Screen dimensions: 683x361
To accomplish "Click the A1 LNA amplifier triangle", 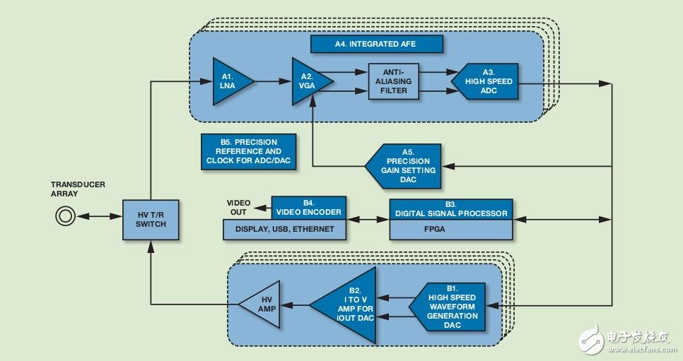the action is tap(232, 81).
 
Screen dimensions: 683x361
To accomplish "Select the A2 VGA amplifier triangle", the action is tap(311, 81).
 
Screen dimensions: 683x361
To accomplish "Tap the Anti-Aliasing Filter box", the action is tap(393, 81).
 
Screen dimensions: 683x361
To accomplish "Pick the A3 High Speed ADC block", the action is tap(485, 81).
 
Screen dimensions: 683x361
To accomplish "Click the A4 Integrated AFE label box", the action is tap(376, 44).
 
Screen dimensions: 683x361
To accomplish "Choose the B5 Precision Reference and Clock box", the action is tap(248, 152).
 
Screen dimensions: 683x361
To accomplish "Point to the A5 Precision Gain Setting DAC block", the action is tap(403, 166).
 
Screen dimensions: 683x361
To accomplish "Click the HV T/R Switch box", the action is tap(151, 220).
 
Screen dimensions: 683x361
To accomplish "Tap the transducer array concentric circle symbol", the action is tap(65, 216).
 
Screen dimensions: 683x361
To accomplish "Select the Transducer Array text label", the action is tap(78, 189).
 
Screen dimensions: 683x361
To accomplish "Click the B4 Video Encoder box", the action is tap(309, 208).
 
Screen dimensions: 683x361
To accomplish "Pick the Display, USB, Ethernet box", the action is tap(284, 230).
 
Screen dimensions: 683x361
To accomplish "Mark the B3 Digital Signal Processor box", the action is tap(451, 209).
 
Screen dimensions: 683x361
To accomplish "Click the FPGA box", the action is tap(451, 230).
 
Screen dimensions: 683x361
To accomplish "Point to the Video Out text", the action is tap(239, 208).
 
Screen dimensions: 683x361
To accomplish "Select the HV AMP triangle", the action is tap(259, 304).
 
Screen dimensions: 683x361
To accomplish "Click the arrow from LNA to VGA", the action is tap(273, 81).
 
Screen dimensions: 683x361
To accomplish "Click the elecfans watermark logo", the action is tap(625, 339).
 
